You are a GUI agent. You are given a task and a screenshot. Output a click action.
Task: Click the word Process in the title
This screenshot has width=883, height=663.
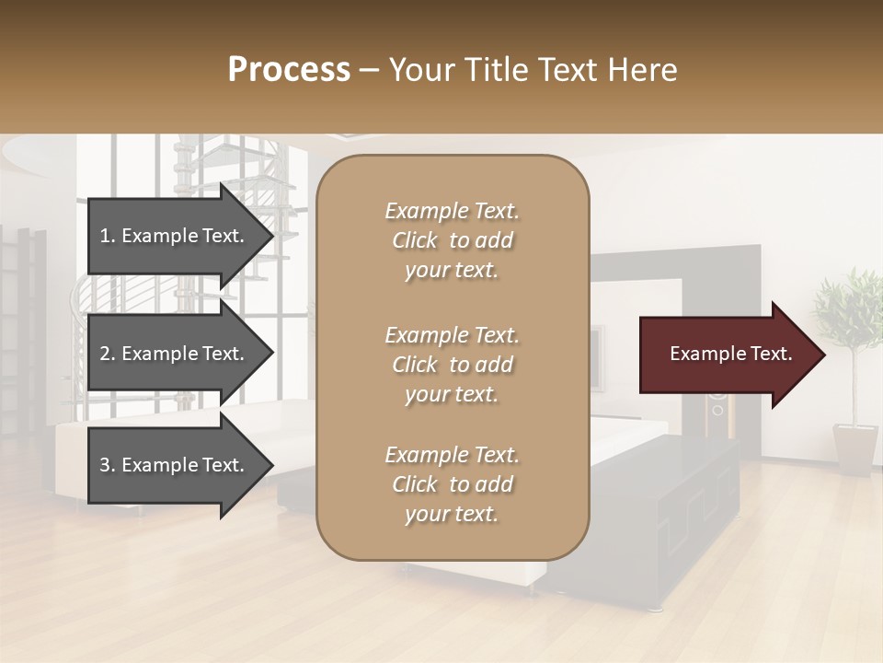pos(289,69)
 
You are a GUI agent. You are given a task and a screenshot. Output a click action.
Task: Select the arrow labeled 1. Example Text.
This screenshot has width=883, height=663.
pos(175,236)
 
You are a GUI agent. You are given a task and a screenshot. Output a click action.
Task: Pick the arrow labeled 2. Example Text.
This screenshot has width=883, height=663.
pos(175,354)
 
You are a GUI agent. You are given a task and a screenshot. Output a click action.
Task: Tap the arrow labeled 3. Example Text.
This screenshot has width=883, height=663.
pos(175,465)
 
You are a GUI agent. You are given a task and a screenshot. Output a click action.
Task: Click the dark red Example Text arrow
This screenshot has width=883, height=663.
pos(727,354)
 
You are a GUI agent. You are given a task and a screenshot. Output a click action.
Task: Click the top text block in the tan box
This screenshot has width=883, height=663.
pos(452,240)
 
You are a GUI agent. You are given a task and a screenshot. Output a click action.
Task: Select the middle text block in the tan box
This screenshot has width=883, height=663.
pos(452,365)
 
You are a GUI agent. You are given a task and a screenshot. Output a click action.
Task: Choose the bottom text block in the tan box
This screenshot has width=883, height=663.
pos(452,484)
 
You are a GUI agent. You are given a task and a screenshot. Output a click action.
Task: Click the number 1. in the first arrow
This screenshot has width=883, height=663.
pos(107,236)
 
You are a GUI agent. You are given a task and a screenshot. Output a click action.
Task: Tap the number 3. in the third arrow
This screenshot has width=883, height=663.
pos(107,465)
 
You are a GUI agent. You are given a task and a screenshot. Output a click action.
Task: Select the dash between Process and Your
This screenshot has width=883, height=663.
pos(369,70)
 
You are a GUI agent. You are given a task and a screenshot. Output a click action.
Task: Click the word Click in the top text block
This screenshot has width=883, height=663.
pos(415,240)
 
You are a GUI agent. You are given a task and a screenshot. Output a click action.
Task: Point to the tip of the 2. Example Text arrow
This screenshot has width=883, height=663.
pos(271,354)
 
